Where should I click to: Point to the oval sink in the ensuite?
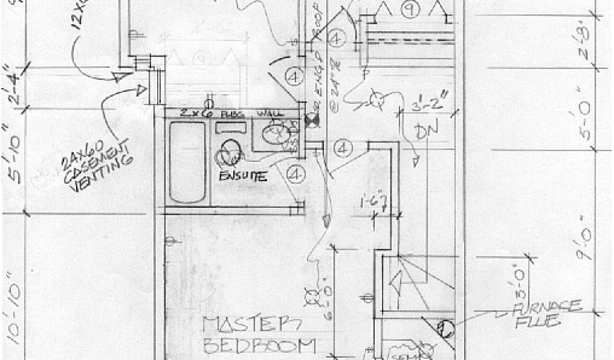(x=229, y=152)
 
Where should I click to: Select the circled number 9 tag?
(x=410, y=9)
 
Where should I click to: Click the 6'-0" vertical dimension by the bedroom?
(x=324, y=290)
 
